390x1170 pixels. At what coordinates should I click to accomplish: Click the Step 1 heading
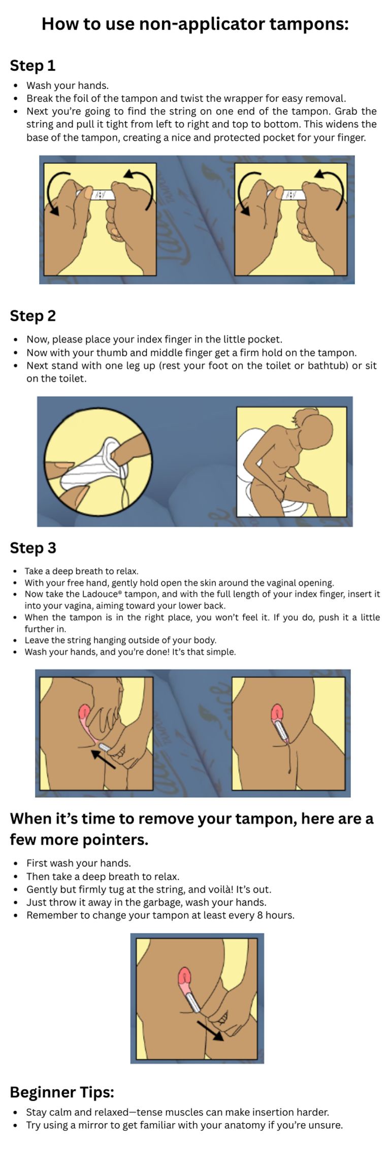click(32, 66)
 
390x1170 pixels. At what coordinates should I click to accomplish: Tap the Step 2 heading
click(33, 316)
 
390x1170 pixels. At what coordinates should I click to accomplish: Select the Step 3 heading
click(33, 548)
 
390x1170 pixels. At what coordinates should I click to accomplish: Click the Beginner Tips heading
click(62, 1092)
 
